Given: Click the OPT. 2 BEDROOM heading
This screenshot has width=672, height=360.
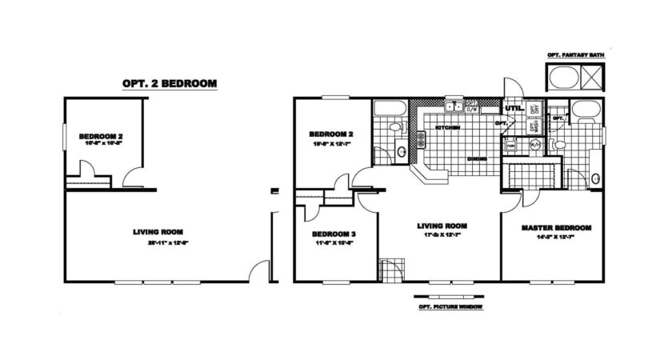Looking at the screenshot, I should pos(168,82).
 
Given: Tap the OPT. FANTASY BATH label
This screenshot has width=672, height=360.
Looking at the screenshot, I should pos(575,55).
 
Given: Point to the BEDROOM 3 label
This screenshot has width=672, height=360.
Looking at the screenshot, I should pos(334,234).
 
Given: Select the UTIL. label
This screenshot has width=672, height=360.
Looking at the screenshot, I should pos(512,107).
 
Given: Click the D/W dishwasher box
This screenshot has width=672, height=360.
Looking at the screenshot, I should pos(472,108).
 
